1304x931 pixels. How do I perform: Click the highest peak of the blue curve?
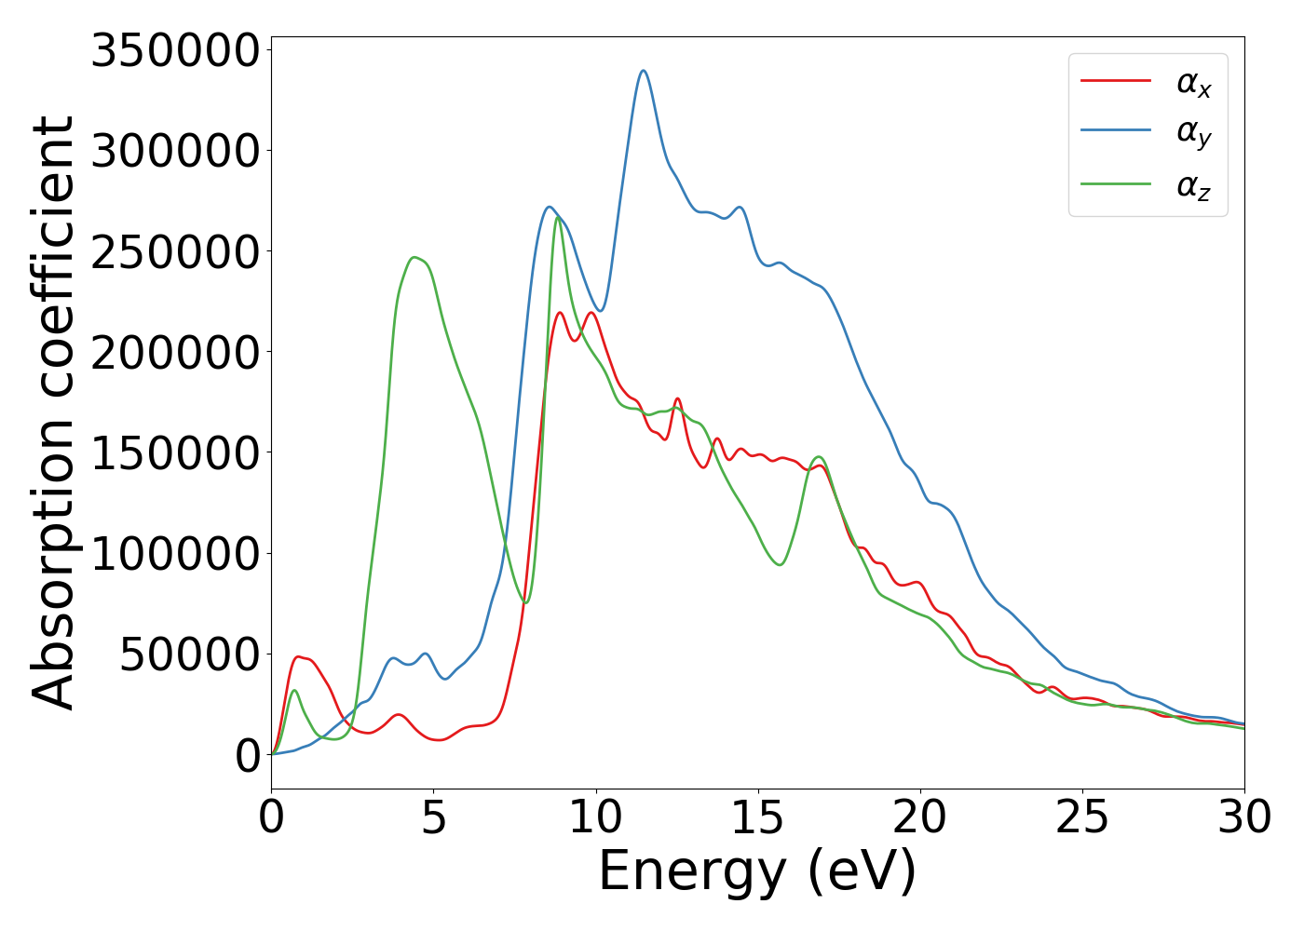point(643,71)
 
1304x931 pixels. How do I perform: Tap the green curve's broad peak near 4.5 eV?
point(414,258)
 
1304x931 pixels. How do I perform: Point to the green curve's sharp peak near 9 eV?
point(557,218)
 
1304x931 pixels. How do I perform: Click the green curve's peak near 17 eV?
point(819,457)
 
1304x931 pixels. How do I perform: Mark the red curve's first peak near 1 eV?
point(298,657)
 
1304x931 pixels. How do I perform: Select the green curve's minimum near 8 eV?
point(526,602)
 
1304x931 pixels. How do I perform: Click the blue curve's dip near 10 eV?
point(600,311)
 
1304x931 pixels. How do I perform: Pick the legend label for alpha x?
point(1193,84)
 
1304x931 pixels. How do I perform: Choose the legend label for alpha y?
point(1193,133)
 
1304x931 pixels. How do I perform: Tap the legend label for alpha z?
point(1193,185)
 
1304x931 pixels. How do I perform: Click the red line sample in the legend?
point(1116,81)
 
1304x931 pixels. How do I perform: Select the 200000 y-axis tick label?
point(174,353)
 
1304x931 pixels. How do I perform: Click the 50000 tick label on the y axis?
point(189,654)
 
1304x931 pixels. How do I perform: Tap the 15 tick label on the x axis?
point(758,818)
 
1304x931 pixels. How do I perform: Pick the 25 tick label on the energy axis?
point(1082,818)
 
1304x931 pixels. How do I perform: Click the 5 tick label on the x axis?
point(434,818)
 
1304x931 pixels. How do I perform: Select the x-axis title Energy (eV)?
point(757,872)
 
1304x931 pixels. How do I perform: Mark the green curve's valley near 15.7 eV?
point(780,564)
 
